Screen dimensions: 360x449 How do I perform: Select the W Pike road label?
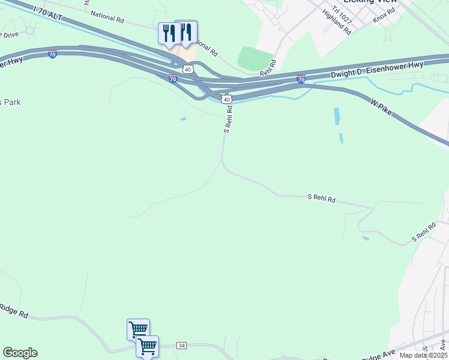click(x=381, y=106)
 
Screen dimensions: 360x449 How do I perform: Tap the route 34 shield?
click(x=182, y=346)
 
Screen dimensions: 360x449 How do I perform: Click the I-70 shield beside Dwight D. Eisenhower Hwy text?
click(x=301, y=79)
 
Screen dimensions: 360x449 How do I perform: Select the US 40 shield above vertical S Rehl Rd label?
click(x=226, y=99)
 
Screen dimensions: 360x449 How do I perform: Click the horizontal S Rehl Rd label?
click(x=321, y=197)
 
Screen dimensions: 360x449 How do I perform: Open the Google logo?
click(x=20, y=353)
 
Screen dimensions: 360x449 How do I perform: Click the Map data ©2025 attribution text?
click(x=424, y=355)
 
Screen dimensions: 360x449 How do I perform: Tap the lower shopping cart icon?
click(x=148, y=346)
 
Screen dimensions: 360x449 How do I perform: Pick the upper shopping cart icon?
click(x=138, y=329)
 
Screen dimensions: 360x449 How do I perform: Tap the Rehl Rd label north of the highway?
click(x=268, y=68)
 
